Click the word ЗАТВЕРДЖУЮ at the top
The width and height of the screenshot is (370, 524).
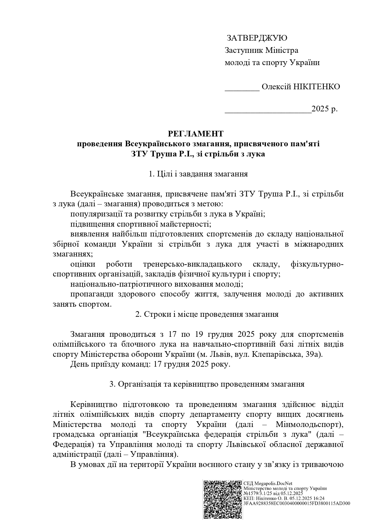pyautogui.click(x=257, y=38)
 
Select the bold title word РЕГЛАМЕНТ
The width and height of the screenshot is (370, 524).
pyautogui.click(x=195, y=133)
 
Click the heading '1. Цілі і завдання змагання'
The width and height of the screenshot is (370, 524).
pyautogui.click(x=198, y=174)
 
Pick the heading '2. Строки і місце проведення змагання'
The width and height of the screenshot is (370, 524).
pyautogui.click(x=207, y=314)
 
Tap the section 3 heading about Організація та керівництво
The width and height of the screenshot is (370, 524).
pyautogui.click(x=207, y=384)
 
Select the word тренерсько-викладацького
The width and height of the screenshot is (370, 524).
pyautogui.click(x=192, y=264)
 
